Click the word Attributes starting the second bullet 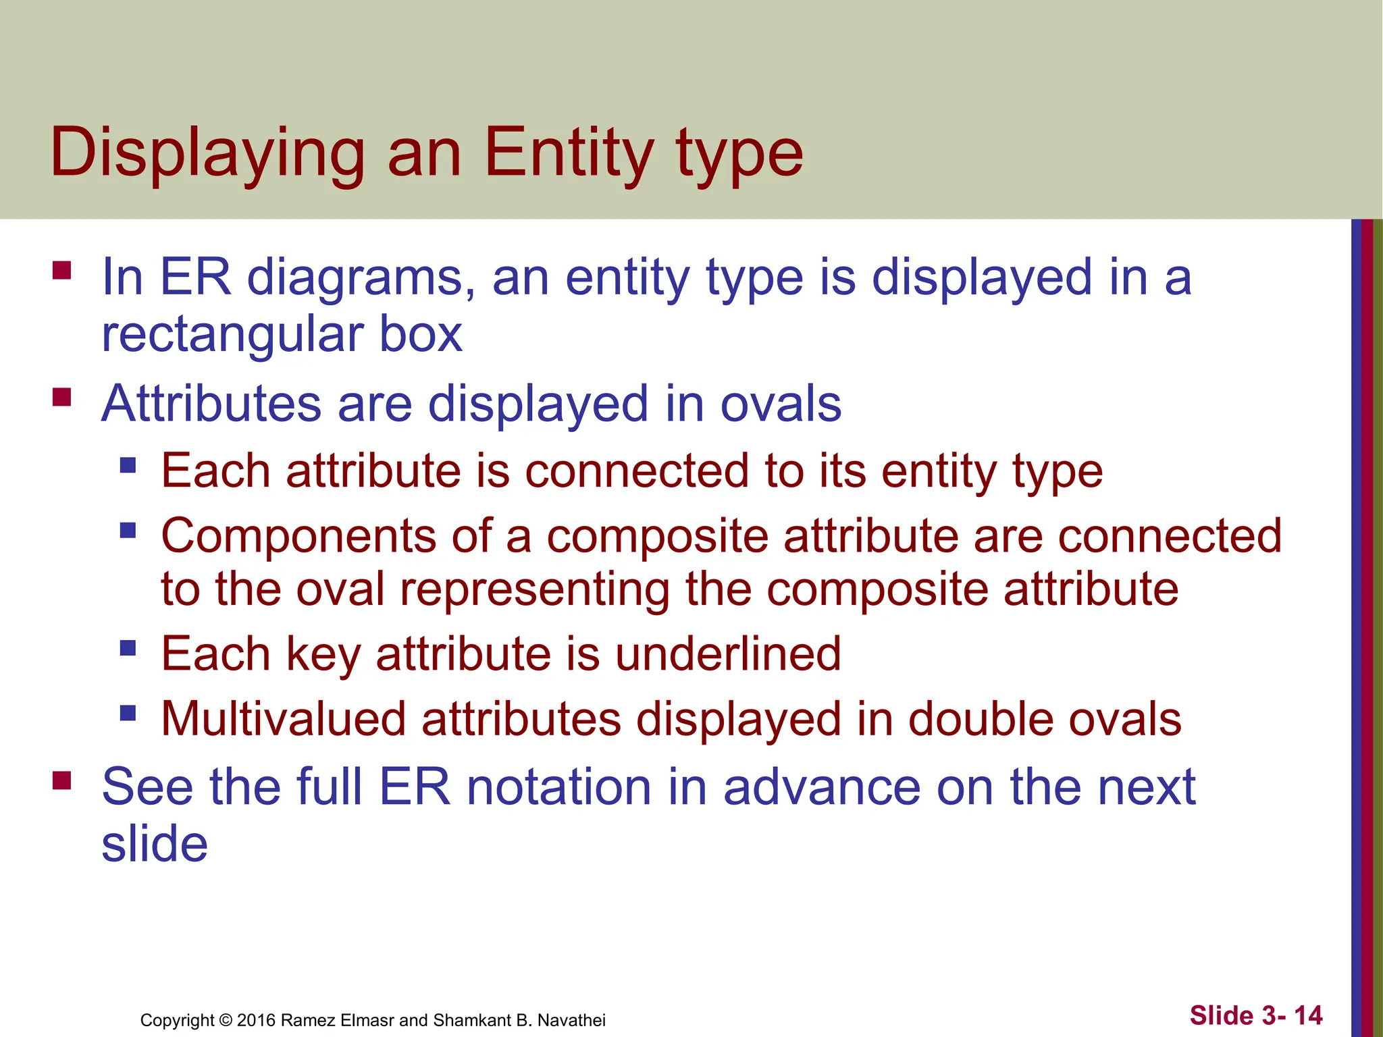click(211, 404)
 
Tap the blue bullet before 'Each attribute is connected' click(128, 465)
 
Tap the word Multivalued click(284, 719)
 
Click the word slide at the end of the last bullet click(155, 845)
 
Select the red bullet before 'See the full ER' click(62, 781)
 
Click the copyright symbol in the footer click(226, 1020)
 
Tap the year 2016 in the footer click(256, 1020)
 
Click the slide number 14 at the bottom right click(1308, 1015)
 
